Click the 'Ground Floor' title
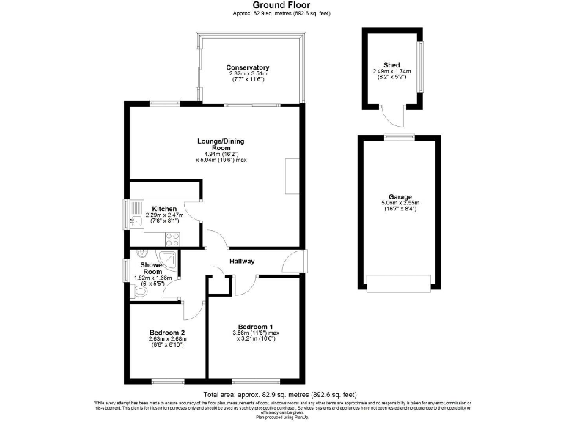[281, 5]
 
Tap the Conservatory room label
[248, 67]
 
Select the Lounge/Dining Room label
[215, 144]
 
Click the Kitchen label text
[164, 209]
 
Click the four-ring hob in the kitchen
[173, 237]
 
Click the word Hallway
[242, 260]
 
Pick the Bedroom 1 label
[254, 327]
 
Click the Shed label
[391, 64]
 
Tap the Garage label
[400, 196]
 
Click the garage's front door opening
[400, 284]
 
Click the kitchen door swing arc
[190, 210]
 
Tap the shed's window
[420, 67]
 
